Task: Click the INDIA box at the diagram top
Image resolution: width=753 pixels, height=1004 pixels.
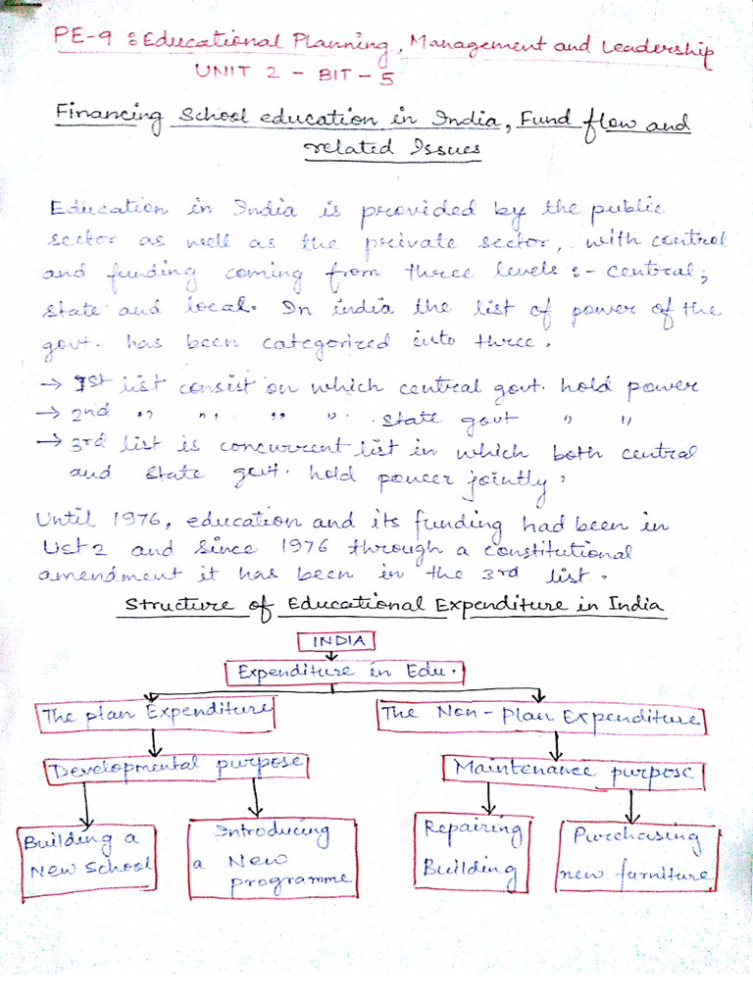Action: (337, 641)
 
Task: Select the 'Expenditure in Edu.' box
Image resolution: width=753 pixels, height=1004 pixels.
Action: (346, 674)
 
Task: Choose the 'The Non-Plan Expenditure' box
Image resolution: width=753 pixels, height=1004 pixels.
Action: (541, 715)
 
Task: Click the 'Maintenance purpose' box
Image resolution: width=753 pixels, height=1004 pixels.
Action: (574, 770)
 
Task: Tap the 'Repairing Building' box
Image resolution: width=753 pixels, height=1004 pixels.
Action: (473, 849)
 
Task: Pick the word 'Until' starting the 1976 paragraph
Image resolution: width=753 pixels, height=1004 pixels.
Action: (65, 520)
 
